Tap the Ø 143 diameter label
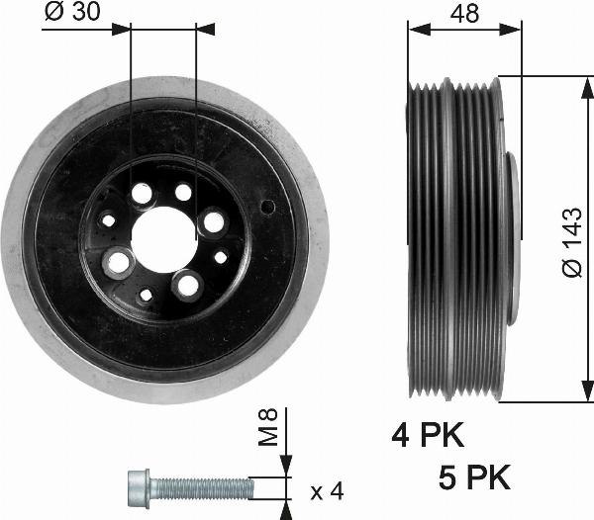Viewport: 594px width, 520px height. point(573,241)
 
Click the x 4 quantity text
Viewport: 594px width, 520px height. point(327,489)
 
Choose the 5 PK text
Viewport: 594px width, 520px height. point(474,478)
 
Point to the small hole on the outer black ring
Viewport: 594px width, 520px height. point(267,207)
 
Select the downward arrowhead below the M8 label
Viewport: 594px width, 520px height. point(286,467)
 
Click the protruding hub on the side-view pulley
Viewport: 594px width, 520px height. point(509,237)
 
